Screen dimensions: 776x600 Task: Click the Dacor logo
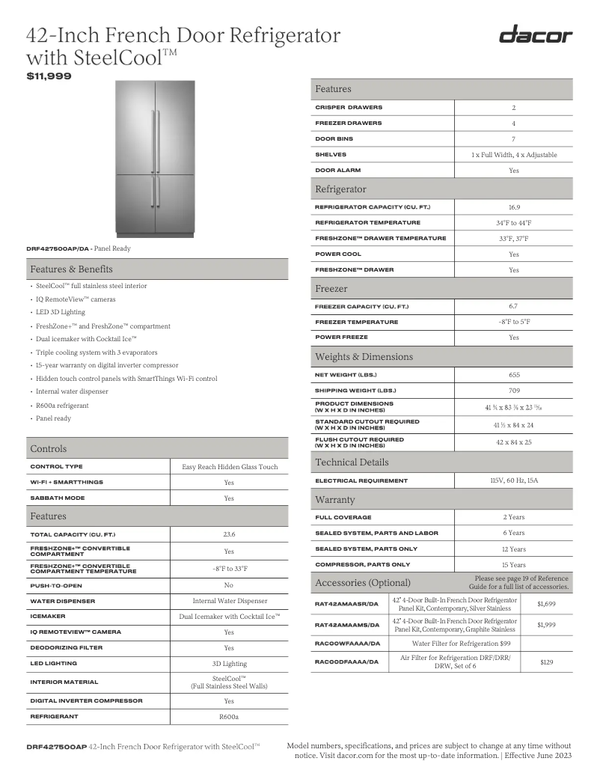pos(536,35)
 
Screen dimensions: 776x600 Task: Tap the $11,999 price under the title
pos(49,76)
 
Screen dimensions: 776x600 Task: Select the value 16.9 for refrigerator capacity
pos(513,207)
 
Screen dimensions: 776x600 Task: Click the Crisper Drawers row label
pos(348,107)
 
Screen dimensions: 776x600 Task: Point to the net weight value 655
pos(513,374)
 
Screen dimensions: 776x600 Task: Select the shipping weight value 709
pos(513,391)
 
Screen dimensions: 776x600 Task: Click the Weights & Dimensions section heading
pos(364,357)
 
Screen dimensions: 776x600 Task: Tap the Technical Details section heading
pos(352,462)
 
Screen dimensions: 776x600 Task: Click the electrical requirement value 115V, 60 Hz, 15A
pos(513,480)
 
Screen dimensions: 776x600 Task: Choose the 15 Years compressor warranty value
pos(513,565)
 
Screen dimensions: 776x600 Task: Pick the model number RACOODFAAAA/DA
pos(347,662)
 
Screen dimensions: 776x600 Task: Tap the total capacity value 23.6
pos(229,534)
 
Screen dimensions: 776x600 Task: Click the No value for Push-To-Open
pos(229,584)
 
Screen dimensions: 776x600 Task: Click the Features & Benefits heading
pos(71,269)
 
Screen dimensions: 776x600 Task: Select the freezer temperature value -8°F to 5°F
pos(513,322)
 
